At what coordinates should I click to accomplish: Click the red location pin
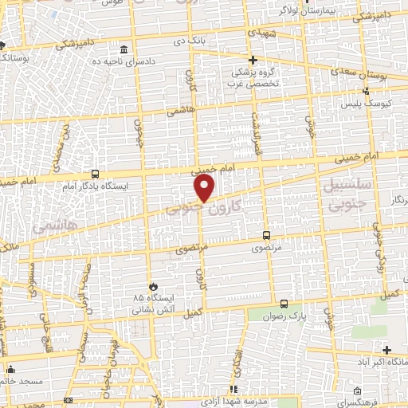point(205,188)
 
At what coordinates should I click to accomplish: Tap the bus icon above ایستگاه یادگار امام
point(96,174)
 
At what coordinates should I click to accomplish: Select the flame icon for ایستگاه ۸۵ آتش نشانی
point(151,285)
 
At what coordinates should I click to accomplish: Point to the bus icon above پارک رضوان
point(285,304)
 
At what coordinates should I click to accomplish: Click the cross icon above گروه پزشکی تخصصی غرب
point(253,60)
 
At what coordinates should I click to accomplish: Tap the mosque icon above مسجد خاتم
point(10,370)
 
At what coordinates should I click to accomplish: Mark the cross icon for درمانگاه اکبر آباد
point(386,350)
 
